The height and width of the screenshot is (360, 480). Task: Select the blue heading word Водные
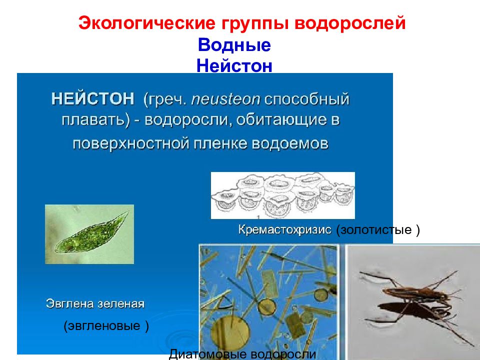pyautogui.click(x=234, y=45)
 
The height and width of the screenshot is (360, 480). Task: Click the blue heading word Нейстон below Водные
pyautogui.click(x=234, y=65)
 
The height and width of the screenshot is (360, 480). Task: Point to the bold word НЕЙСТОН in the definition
pyautogui.click(x=92, y=98)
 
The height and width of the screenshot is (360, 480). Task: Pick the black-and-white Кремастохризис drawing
pyautogui.click(x=282, y=195)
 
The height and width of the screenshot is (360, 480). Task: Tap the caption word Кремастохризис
pyautogui.click(x=285, y=230)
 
